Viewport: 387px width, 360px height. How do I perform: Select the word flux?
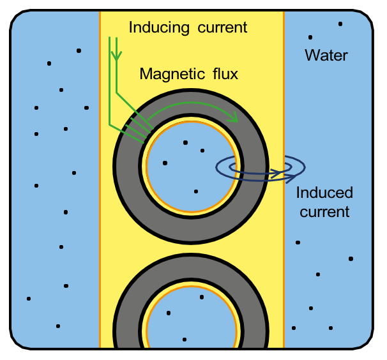pos(224,75)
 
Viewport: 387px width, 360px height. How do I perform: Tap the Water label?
pos(326,56)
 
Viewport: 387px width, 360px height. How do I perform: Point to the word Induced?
pos(324,193)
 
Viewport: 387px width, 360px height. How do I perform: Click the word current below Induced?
pos(324,211)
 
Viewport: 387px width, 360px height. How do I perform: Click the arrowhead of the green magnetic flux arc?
pos(234,117)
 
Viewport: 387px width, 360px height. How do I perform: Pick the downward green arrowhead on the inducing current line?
pos(116,56)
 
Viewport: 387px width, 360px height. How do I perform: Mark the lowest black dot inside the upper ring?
pos(196,191)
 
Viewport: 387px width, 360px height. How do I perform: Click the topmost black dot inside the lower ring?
pos(202,297)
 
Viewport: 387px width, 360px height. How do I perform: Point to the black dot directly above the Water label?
pos(310,37)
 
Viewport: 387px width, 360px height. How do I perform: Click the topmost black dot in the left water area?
pos(79,50)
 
